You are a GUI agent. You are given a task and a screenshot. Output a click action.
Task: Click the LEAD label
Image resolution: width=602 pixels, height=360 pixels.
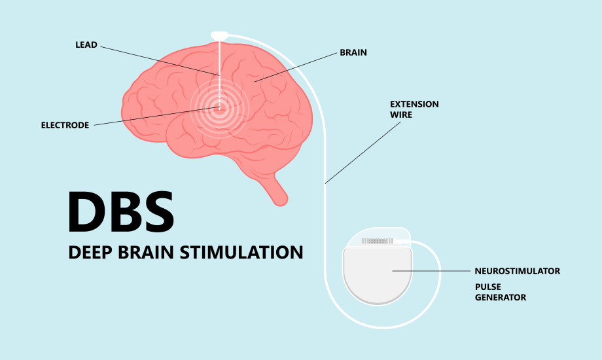point(86,45)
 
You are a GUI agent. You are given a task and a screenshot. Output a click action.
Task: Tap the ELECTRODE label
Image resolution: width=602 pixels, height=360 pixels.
point(65,125)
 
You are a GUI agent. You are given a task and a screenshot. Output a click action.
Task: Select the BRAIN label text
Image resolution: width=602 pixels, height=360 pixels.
point(353,52)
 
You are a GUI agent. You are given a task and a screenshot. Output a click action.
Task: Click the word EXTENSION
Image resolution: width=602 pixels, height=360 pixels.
point(414,104)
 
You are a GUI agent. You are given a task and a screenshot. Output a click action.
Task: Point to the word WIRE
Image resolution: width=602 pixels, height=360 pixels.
point(401,115)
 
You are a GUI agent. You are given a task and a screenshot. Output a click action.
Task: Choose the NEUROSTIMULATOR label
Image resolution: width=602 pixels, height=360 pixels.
point(517,271)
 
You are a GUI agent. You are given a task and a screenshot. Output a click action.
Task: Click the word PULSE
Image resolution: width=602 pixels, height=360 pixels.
point(487,287)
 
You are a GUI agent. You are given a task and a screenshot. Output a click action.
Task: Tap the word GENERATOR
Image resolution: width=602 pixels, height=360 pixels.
point(501,297)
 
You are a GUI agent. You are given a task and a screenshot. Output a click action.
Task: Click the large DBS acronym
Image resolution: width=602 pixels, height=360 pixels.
point(121,211)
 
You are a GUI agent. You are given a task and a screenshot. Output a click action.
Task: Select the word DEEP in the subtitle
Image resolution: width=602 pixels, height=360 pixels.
point(90,253)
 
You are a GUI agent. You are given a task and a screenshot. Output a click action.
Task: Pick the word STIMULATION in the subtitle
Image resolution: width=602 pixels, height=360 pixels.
point(241,253)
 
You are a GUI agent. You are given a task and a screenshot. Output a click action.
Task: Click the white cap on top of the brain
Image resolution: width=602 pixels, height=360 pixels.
point(219,35)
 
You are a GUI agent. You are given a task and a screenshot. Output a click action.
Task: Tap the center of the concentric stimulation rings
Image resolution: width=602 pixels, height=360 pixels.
point(220,108)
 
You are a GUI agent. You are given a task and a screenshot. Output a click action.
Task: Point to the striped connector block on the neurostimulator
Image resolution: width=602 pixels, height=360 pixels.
point(378,241)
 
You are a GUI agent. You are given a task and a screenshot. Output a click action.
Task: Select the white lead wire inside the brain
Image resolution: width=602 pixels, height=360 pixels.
point(220,74)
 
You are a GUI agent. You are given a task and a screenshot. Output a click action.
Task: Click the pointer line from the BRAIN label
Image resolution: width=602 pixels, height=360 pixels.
point(296,67)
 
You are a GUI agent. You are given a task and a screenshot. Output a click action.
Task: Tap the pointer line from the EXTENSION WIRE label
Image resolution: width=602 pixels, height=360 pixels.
point(363,153)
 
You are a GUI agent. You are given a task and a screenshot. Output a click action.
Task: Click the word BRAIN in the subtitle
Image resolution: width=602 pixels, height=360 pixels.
point(146,253)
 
